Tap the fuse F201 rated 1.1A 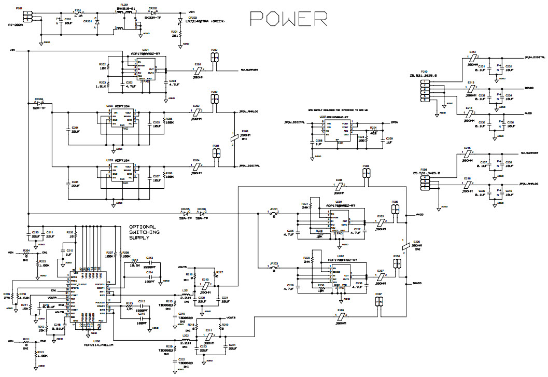pyautogui.click(x=78, y=13)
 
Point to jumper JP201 pyautogui.click(x=275, y=213)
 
